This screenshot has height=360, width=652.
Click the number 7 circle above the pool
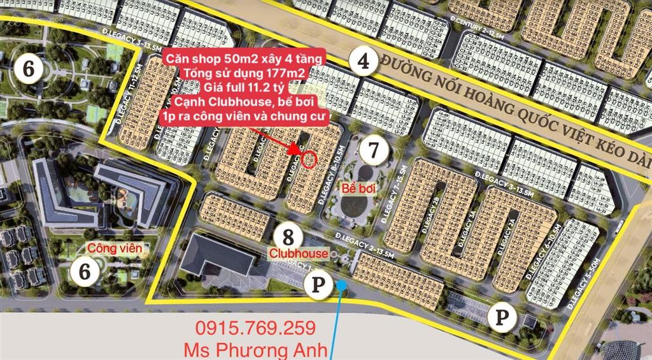(x=373, y=151)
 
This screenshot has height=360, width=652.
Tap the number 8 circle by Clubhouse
(x=288, y=237)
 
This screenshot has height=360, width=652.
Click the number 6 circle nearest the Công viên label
(x=83, y=271)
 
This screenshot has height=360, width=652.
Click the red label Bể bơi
(x=357, y=189)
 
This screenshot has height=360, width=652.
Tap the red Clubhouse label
(x=298, y=254)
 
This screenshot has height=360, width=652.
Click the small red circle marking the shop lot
(x=309, y=160)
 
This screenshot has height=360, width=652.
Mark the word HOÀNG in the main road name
(x=495, y=82)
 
